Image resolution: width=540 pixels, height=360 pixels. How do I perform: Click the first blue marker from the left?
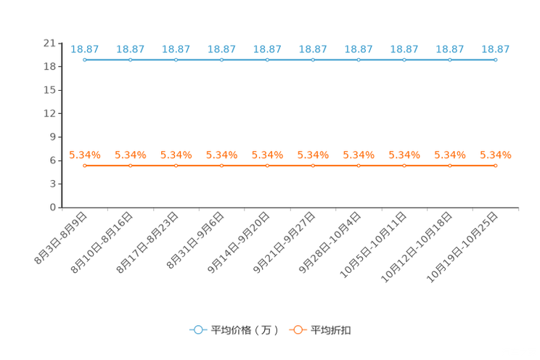(85, 60)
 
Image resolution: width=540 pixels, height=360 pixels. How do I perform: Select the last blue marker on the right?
(495, 60)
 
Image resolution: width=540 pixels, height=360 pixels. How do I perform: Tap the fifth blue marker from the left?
(267, 60)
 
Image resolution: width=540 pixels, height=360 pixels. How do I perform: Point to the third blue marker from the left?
(176, 60)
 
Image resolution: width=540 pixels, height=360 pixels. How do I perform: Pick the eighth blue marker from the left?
(404, 60)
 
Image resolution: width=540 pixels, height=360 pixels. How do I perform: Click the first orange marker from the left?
(85, 165)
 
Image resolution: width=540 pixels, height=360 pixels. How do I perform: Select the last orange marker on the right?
(495, 165)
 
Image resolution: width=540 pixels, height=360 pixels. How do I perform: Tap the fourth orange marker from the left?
(221, 165)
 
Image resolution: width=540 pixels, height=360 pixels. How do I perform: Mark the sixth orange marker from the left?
(313, 165)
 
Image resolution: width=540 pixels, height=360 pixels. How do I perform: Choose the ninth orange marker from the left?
(450, 165)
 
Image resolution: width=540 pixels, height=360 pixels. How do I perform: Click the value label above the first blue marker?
(85, 49)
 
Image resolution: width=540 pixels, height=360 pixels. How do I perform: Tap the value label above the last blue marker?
(495, 49)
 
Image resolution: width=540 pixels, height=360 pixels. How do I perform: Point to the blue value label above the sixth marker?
(313, 49)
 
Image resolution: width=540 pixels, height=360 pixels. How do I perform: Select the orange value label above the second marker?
(131, 155)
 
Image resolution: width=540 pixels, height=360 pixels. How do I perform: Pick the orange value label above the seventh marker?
(359, 155)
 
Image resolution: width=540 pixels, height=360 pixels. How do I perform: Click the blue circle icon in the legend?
(197, 330)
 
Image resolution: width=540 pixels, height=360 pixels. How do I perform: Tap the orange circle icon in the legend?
(298, 330)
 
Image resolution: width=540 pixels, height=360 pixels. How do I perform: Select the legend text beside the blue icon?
(245, 330)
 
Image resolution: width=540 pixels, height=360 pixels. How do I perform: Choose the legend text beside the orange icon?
(332, 330)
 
